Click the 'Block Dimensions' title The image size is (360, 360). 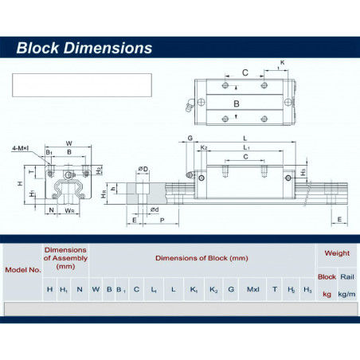point(84,48)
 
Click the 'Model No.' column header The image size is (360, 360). point(23,269)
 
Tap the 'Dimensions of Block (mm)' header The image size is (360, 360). point(202,257)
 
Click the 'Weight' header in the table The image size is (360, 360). point(337,253)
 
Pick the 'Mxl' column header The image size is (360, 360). point(253,289)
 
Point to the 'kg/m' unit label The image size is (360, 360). point(346,294)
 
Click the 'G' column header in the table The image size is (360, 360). point(231,289)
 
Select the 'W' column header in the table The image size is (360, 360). point(96,289)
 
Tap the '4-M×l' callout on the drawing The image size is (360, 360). point(21,148)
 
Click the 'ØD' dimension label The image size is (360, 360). point(143,169)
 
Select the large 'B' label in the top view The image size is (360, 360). point(236,104)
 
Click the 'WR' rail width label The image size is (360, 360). point(71,211)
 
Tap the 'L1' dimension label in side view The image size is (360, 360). point(246,148)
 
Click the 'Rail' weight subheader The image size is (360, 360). point(346,276)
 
